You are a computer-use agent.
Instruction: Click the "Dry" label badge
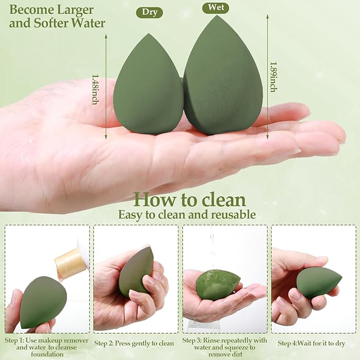[149, 13]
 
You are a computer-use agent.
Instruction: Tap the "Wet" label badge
[215, 8]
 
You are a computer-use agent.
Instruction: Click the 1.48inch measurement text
[95, 89]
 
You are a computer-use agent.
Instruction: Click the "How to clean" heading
[189, 199]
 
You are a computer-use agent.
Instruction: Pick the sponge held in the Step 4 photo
[318, 282]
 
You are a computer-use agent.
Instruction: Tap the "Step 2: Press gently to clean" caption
[135, 343]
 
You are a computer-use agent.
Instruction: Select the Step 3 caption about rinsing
[225, 347]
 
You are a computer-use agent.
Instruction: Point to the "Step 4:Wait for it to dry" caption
[311, 343]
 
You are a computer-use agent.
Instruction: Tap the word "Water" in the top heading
[87, 23]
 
